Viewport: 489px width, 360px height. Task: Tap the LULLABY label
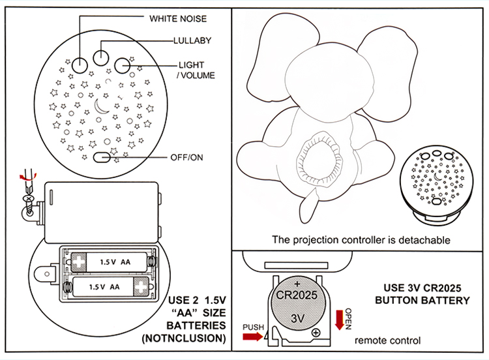pos(192,40)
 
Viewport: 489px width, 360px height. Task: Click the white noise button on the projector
pos(80,64)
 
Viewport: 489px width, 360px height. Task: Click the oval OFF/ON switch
pos(103,158)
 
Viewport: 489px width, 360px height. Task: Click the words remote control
pos(387,340)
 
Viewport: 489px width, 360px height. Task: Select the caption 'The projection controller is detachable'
pos(361,239)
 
